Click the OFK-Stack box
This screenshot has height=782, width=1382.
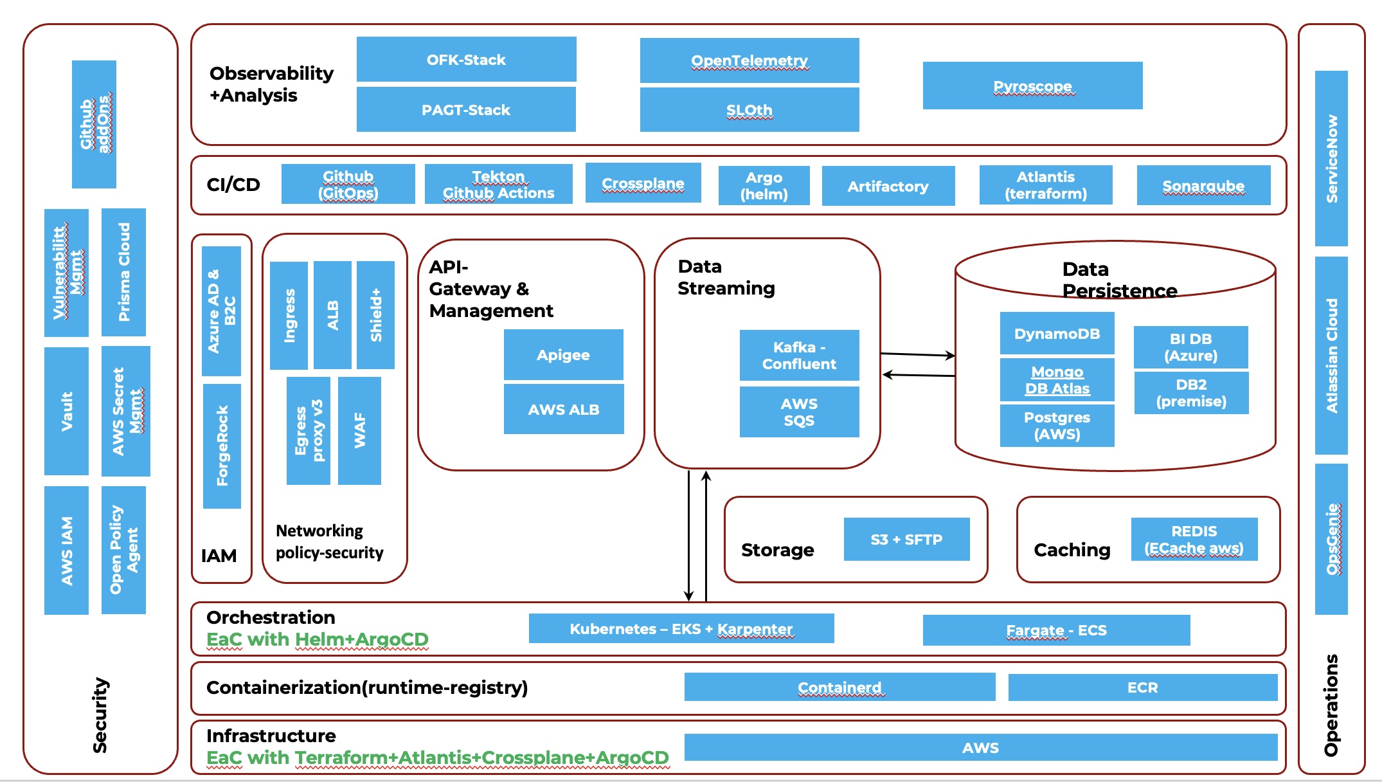tap(466, 59)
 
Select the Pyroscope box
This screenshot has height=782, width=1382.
tap(1032, 86)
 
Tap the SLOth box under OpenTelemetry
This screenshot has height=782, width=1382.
tap(749, 110)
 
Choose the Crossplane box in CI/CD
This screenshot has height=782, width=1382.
tap(643, 183)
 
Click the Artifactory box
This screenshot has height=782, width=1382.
tap(888, 186)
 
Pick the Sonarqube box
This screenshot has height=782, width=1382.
tap(1203, 185)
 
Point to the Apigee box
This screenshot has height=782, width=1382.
tap(563, 354)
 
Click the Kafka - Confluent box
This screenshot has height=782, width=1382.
tap(799, 355)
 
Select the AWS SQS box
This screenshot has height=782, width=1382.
tap(799, 412)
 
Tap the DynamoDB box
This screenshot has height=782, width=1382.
tap(1057, 333)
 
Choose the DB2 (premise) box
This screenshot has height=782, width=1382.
tap(1191, 393)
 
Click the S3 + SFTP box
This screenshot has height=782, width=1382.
tap(906, 539)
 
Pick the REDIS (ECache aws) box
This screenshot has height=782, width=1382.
tap(1194, 539)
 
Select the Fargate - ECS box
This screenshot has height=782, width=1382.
tap(1056, 630)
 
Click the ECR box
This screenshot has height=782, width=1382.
tap(1142, 687)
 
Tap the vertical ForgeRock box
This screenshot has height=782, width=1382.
tap(222, 446)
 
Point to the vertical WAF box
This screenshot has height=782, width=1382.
tap(359, 430)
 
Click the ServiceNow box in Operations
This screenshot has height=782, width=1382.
tap(1331, 158)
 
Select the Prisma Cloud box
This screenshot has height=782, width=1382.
tap(123, 272)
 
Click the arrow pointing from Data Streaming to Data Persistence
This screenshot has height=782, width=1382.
tap(917, 354)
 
